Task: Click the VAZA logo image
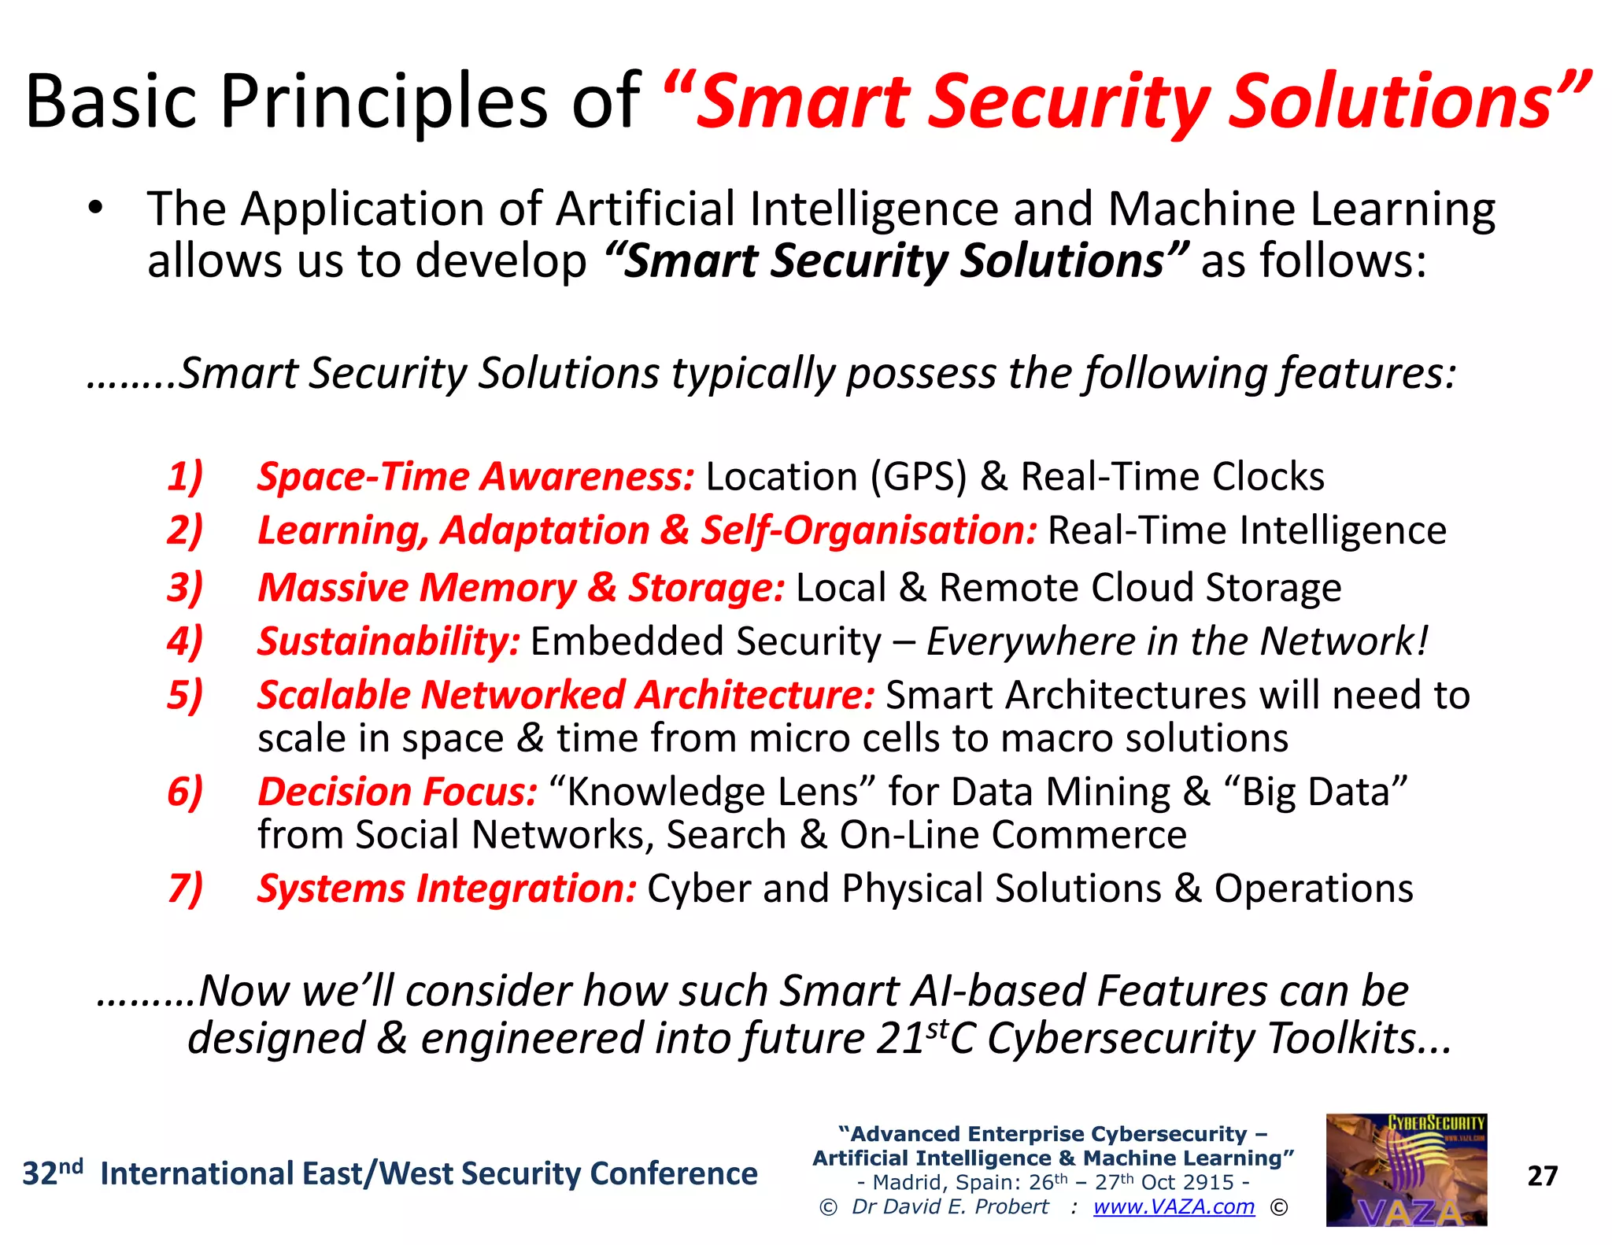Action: pos(1406,1169)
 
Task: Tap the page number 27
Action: pos(1542,1176)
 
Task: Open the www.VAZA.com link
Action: pos(1174,1206)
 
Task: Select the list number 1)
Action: pos(186,477)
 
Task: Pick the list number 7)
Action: pos(186,888)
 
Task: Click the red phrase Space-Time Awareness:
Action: pos(475,477)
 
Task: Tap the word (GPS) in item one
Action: pos(918,477)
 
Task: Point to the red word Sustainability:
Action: pos(389,641)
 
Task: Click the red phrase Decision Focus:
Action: pos(397,792)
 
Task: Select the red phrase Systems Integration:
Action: pos(446,888)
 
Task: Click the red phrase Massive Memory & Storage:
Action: pos(520,588)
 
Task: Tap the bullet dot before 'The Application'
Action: pos(96,209)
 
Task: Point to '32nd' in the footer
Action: pos(52,1173)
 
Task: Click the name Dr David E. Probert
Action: pos(949,1206)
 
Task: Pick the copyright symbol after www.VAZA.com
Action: pos(1279,1207)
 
